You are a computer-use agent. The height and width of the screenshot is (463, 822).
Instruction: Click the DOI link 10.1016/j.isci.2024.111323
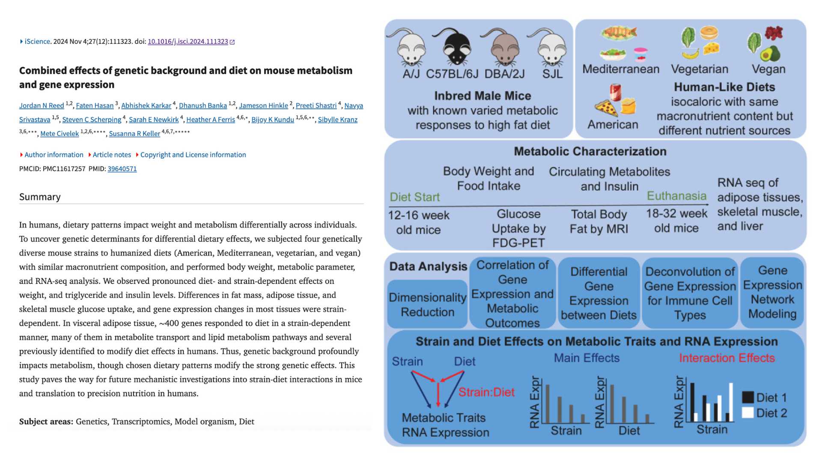point(188,42)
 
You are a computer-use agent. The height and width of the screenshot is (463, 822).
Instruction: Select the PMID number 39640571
point(122,169)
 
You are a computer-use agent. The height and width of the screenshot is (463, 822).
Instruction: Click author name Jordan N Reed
point(42,105)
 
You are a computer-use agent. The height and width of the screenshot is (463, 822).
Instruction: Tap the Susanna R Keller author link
point(134,134)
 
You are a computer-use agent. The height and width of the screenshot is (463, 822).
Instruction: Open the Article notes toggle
point(111,155)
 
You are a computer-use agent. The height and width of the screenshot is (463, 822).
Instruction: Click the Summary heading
point(40,197)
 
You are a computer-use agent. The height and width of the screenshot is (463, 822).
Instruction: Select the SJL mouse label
point(552,74)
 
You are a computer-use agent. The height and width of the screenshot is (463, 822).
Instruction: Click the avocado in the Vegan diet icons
point(770,54)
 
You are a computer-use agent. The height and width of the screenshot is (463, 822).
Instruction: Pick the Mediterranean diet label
point(621,69)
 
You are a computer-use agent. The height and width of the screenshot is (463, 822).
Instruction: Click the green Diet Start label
point(414,197)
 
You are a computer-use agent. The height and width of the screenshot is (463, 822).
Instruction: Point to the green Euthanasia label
point(676,196)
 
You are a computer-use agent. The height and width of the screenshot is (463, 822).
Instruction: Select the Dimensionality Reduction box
point(427,304)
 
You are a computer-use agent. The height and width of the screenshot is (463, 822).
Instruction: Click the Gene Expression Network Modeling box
point(772,292)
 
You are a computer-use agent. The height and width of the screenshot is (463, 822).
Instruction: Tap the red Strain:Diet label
point(486,392)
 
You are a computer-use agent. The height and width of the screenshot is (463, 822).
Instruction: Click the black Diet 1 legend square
point(748,397)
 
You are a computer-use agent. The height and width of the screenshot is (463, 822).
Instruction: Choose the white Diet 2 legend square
point(748,413)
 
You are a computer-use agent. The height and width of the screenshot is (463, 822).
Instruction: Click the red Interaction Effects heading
point(727,358)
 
